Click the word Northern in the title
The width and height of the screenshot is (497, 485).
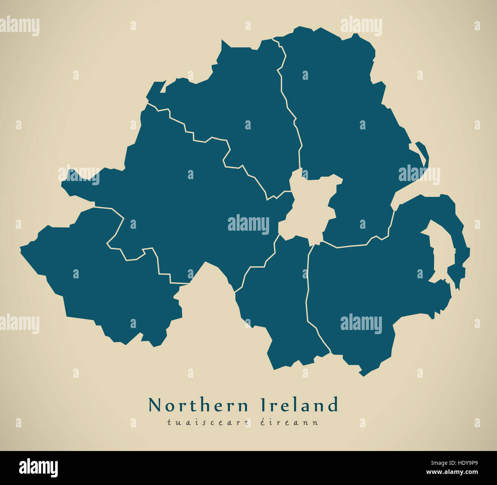coord(198,405)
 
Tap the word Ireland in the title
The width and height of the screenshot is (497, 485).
coord(299,405)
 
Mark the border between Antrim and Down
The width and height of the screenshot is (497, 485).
coord(352,245)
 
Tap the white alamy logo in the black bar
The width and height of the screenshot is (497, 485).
coord(39,468)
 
